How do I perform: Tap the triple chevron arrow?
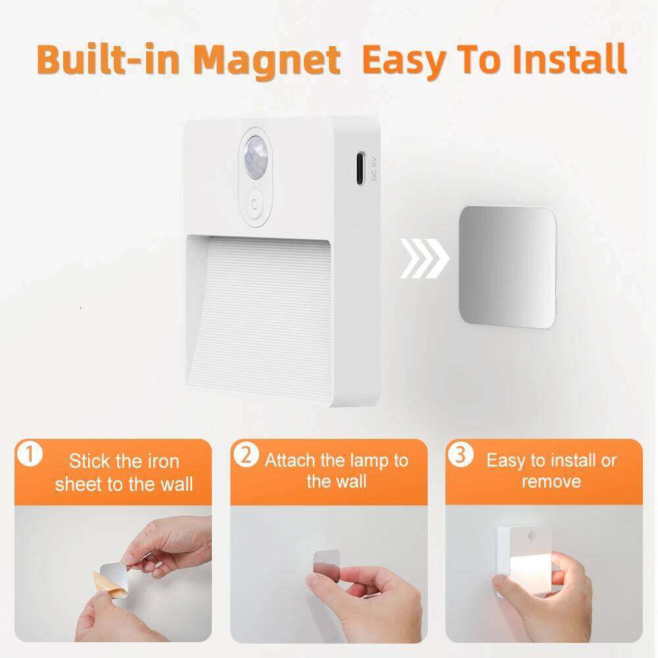click(x=424, y=259)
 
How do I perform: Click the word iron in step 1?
click(x=162, y=461)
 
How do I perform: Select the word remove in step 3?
click(x=551, y=482)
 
